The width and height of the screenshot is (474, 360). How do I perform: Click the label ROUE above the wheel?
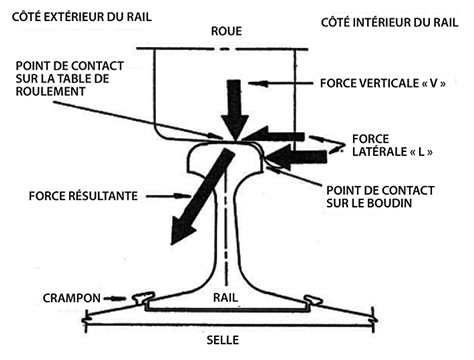coord(226,31)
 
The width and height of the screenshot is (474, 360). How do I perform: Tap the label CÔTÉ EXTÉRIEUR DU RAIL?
coord(82,17)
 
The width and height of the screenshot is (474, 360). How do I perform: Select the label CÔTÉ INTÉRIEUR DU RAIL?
coord(389,22)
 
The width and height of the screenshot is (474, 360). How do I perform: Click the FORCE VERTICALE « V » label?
coord(383,83)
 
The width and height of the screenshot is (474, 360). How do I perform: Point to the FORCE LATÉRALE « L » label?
coord(392,145)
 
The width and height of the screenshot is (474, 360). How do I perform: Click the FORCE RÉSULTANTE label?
coord(83,196)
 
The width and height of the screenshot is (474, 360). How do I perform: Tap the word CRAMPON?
coord(71,298)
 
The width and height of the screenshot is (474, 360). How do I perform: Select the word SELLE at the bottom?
coord(223,340)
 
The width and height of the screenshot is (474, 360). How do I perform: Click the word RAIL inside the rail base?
coord(226,297)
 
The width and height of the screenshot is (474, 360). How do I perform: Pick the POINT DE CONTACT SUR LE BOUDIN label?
coord(380,197)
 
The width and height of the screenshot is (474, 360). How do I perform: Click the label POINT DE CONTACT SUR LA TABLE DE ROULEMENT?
coord(70,78)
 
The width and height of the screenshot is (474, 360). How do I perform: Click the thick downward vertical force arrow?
coord(235,110)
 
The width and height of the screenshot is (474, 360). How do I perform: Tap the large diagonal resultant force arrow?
coord(201,197)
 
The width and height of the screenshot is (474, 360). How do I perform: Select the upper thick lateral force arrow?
coord(273,134)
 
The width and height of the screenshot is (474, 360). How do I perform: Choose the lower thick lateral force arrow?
coord(297,157)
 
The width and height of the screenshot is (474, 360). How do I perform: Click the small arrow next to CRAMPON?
coord(113,298)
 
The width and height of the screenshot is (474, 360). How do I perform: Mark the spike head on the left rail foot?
coord(144,297)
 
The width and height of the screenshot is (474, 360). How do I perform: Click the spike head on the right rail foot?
coord(313,299)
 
